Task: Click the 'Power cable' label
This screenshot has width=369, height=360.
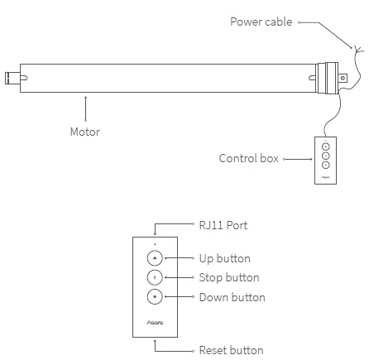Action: click(x=261, y=22)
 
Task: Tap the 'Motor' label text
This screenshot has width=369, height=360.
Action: click(x=85, y=132)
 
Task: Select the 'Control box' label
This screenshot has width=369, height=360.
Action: click(x=248, y=158)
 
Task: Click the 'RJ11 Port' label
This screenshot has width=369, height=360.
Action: click(x=223, y=224)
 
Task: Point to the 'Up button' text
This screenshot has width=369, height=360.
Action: click(x=224, y=258)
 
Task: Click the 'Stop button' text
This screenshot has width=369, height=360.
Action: click(x=228, y=277)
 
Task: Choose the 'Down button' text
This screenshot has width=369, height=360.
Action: click(x=232, y=297)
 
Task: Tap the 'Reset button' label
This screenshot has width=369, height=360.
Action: click(x=231, y=350)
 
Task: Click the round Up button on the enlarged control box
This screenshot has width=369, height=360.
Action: click(x=156, y=258)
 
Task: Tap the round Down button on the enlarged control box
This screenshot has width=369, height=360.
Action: click(x=156, y=297)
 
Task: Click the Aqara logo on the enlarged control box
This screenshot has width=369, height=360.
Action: click(x=156, y=322)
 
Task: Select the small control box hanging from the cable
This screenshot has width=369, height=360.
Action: click(x=325, y=159)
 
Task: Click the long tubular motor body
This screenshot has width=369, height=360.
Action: click(x=165, y=77)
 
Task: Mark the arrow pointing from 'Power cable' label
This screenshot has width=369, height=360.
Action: click(x=327, y=33)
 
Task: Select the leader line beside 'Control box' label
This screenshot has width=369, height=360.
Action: click(x=296, y=158)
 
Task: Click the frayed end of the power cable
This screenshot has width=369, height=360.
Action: click(x=357, y=52)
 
